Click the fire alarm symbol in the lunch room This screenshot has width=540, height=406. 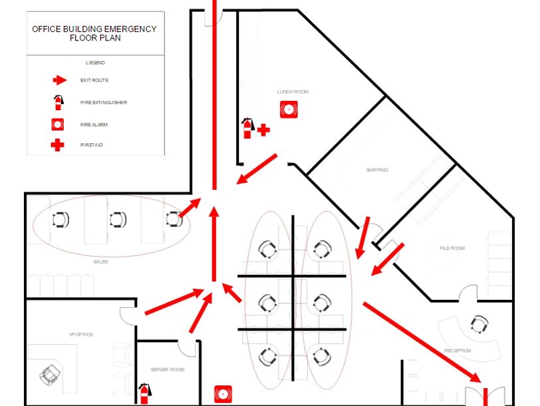pos(289,109)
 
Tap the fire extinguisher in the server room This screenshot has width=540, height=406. pos(145,393)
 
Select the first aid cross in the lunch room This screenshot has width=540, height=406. pos(263,130)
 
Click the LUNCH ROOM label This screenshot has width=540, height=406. pos(293,92)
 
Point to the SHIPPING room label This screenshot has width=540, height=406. pos(377,170)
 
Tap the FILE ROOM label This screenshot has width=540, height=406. pos(452,248)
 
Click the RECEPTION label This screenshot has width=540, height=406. pos(457,350)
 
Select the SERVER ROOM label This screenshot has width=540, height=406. pos(167,370)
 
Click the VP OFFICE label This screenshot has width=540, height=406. pos(81,334)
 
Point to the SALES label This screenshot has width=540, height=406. pos(101,262)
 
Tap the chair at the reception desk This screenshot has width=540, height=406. pos(479,324)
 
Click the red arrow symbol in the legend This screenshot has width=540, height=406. pos(60,80)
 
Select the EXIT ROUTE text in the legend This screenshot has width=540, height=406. pos(94,80)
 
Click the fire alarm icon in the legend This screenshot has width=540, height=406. pos(58,124)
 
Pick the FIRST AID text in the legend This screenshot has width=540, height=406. pos(92,145)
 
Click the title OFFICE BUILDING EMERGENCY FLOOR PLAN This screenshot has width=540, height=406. pos(94,33)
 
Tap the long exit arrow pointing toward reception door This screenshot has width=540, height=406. pos(422,342)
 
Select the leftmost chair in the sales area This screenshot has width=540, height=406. pos(60,220)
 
